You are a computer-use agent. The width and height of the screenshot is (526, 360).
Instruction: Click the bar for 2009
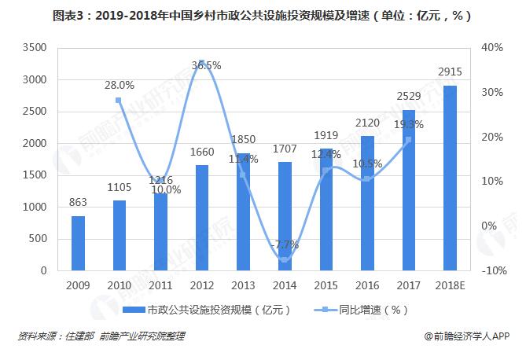tap(78, 243)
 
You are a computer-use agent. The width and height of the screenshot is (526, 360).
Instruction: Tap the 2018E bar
tap(450, 178)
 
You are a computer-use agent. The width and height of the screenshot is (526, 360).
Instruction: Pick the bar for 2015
tap(326, 209)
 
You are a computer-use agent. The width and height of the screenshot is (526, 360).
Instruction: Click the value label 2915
tap(450, 72)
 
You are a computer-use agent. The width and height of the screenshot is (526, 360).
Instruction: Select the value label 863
tap(77, 204)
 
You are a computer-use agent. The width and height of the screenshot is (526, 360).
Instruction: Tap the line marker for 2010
tap(119, 101)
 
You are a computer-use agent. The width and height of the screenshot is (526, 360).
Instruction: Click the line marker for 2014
tap(284, 259)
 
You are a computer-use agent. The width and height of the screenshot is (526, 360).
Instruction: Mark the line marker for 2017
tap(408, 139)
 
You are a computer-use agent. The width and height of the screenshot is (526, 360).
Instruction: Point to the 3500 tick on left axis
tap(35, 48)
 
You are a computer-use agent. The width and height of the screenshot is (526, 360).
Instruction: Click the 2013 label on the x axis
tap(243, 285)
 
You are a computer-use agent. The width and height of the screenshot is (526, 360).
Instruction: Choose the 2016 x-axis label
tap(366, 285)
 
